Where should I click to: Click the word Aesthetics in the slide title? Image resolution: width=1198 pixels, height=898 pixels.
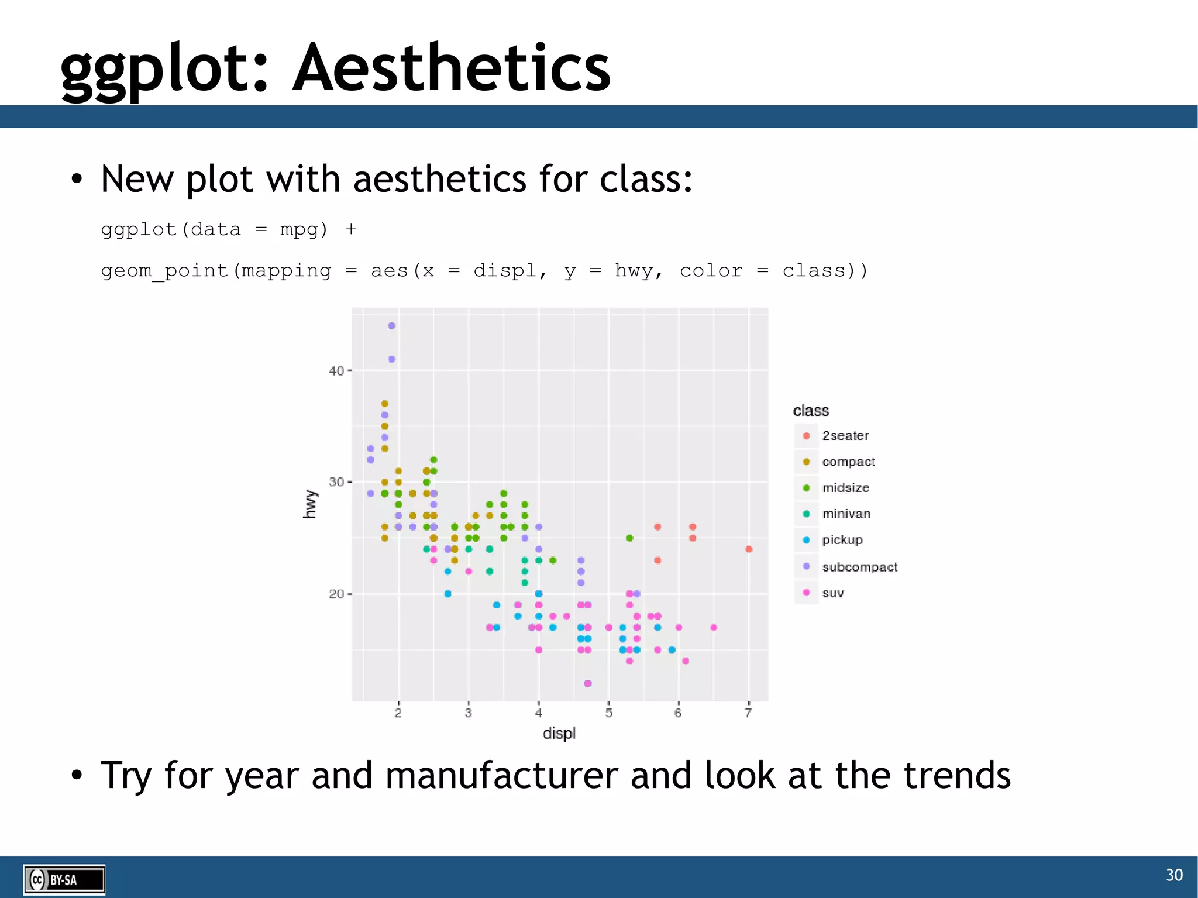(x=451, y=68)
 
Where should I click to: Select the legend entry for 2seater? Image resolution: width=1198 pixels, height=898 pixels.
(x=845, y=436)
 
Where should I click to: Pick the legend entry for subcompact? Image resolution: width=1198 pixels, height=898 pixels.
(x=859, y=567)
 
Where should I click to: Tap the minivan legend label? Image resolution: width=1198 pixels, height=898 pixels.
(x=846, y=514)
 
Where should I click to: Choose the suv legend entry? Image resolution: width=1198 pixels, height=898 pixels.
(x=832, y=593)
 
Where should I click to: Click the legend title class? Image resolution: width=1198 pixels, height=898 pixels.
(x=811, y=411)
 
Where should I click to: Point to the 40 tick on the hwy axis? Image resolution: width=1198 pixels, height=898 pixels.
(x=336, y=371)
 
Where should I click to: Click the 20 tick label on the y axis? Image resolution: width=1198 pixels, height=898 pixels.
(x=336, y=594)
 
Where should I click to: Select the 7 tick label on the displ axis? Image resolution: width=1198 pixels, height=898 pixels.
(x=748, y=713)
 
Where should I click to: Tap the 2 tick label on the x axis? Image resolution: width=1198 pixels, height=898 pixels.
(x=398, y=713)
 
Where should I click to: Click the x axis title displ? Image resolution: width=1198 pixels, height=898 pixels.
(x=559, y=734)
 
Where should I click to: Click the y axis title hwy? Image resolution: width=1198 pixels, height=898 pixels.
(x=309, y=504)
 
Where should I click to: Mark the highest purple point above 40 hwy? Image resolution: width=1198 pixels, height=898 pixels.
(x=391, y=326)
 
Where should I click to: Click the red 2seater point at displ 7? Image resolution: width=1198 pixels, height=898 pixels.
(x=749, y=549)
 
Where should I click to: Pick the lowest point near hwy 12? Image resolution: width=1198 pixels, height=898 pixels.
(x=587, y=683)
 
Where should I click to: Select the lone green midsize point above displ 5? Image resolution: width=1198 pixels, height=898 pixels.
(x=629, y=538)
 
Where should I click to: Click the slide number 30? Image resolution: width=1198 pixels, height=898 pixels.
(x=1174, y=875)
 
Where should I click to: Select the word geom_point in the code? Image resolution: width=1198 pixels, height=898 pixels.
(x=164, y=271)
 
